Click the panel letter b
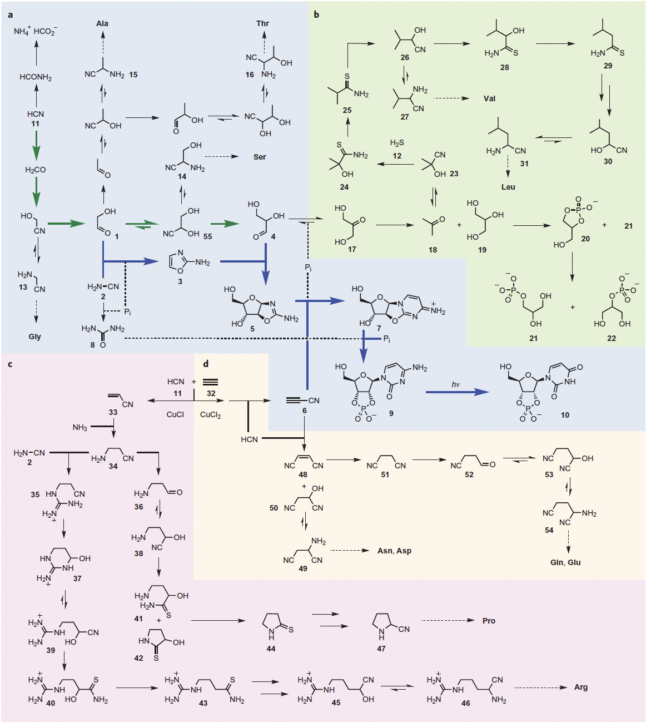(x=316, y=14)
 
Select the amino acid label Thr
(x=262, y=23)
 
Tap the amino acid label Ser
(x=260, y=157)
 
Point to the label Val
(x=489, y=98)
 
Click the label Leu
(x=508, y=187)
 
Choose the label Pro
(x=489, y=621)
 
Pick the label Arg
(x=581, y=687)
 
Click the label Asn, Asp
(x=394, y=551)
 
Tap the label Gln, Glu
(x=565, y=562)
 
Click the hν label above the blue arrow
(x=456, y=384)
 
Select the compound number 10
(x=565, y=415)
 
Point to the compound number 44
(x=271, y=649)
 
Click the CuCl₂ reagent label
(x=211, y=415)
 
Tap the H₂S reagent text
(x=397, y=143)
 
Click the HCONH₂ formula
(x=36, y=77)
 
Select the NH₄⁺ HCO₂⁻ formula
(x=36, y=31)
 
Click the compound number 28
(x=504, y=67)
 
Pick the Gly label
(x=35, y=337)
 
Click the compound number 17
(x=352, y=249)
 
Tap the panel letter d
(x=206, y=364)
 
